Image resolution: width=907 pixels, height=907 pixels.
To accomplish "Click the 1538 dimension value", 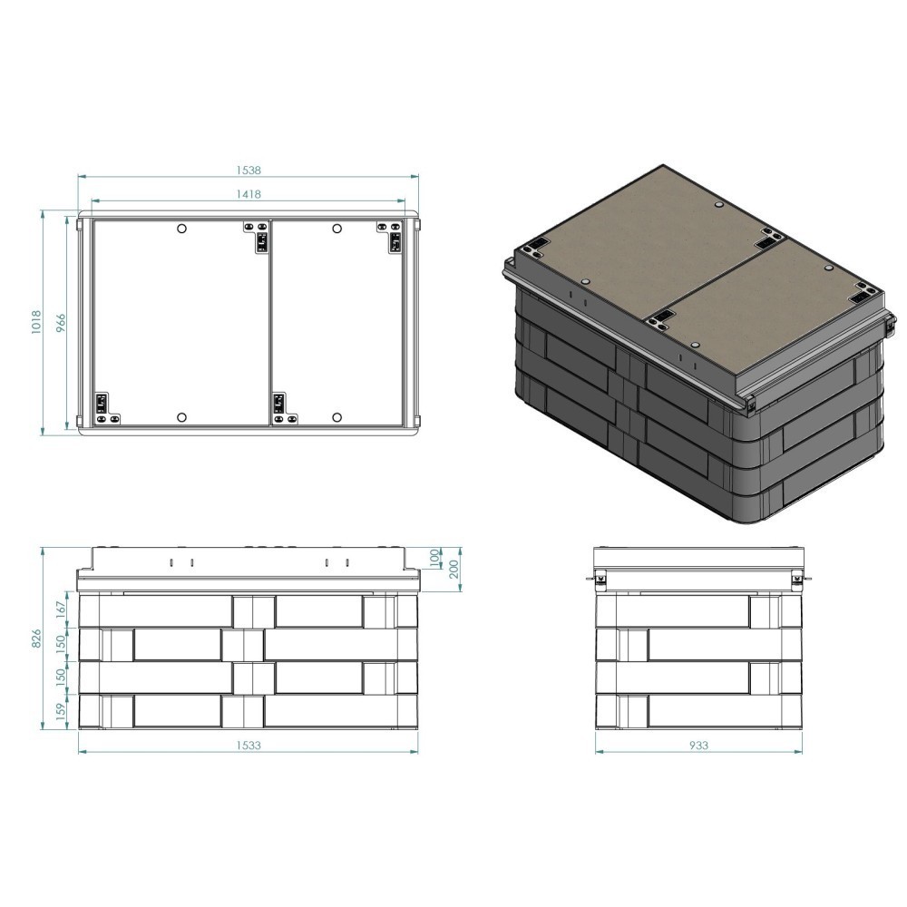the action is coord(249,171).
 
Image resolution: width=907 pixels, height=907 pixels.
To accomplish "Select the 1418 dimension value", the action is coord(249,194).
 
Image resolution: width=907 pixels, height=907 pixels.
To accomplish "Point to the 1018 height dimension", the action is coord(36,322).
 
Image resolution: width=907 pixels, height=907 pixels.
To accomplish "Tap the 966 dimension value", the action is coord(61,324).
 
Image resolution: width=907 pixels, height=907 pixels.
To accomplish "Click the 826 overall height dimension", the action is coord(36,639).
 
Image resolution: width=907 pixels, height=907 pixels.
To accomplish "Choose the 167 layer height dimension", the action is coord(61,610).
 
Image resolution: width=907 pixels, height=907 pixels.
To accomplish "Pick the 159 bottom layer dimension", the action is coord(61,711).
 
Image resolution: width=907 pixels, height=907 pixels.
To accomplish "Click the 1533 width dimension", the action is coord(249,745).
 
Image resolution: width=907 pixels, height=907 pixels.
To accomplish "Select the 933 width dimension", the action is coord(698,745).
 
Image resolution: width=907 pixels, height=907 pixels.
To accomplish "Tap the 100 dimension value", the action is coord(435,558).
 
